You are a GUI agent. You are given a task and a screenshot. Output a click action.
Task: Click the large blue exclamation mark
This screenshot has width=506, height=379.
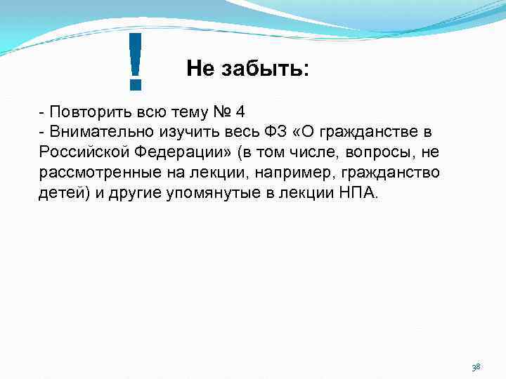pos(136,62)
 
